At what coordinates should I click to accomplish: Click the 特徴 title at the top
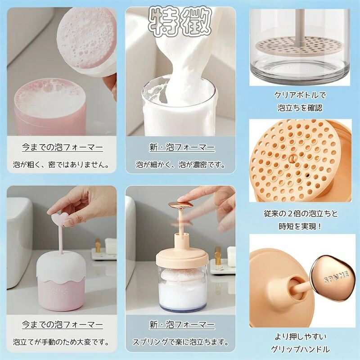(x=180, y=22)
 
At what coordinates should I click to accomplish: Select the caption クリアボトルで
(x=300, y=95)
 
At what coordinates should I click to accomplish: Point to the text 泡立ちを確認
(x=300, y=108)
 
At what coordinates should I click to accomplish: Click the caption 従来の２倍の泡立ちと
(x=301, y=213)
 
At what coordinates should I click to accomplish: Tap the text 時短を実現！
(x=300, y=226)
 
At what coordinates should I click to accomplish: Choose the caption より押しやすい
(x=301, y=337)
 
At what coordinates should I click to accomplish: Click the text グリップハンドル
(x=300, y=349)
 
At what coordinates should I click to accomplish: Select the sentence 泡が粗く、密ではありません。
(x=61, y=164)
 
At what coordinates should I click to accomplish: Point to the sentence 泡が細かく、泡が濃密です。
(x=180, y=164)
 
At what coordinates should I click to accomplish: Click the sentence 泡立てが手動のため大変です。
(x=61, y=342)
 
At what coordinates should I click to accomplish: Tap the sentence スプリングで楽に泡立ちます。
(x=181, y=342)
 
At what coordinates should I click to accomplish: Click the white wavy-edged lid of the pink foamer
(x=61, y=267)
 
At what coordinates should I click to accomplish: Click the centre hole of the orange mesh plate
(x=292, y=158)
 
